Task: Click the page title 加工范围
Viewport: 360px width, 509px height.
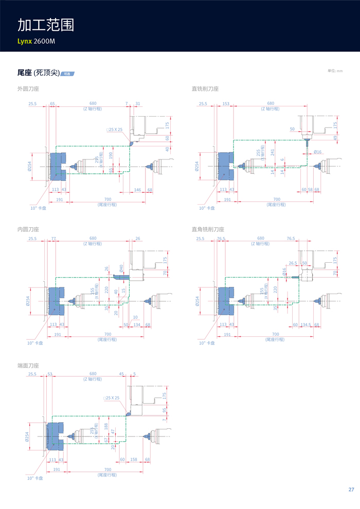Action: [x=46, y=25]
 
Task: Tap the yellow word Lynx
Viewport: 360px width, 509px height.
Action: [x=25, y=40]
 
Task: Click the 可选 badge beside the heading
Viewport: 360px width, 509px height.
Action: [x=67, y=74]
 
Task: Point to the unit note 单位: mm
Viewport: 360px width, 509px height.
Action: [x=335, y=70]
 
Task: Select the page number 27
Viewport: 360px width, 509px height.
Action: [x=351, y=489]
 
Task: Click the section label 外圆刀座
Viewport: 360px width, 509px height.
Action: [x=28, y=89]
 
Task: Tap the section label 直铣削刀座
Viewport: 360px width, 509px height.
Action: [x=205, y=89]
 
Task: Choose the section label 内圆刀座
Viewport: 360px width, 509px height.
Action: [x=28, y=229]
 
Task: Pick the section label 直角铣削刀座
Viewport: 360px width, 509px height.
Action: [x=208, y=229]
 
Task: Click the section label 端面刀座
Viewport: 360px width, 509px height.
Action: [x=28, y=366]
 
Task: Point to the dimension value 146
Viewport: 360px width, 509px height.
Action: [x=137, y=190]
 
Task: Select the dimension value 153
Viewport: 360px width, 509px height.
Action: [x=226, y=104]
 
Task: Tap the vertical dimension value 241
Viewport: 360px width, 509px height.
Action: [x=273, y=153]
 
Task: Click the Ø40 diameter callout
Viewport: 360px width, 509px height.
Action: [x=121, y=268]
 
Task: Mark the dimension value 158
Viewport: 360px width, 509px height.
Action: [x=134, y=459]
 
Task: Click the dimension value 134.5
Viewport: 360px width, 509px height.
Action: [x=307, y=324]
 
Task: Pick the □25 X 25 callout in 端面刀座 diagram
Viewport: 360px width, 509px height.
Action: [x=111, y=398]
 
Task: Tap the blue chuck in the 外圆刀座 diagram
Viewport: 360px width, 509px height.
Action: [x=58, y=166]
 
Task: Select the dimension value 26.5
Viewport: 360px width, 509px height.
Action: [x=293, y=263]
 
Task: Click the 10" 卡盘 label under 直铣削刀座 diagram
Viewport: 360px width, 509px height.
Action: [x=207, y=208]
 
